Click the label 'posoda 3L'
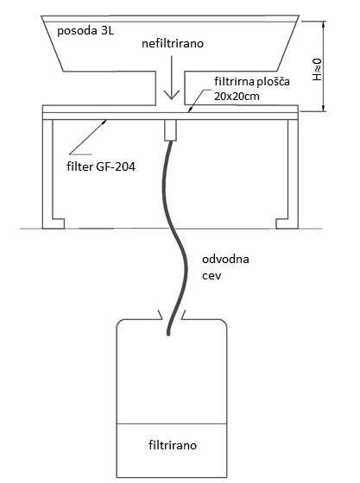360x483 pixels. tap(85, 31)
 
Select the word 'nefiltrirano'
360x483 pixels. tap(173, 43)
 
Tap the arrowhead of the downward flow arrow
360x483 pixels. tap(172, 95)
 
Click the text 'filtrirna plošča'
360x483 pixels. tap(252, 82)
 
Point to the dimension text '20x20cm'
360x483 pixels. tap(237, 97)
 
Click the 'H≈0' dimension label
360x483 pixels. tap(317, 70)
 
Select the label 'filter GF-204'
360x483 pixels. tap(101, 166)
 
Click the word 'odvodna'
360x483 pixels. tap(225, 259)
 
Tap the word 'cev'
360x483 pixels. tap(212, 275)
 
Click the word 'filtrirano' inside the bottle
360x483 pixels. tap(173, 445)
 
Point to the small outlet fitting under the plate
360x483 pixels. tap(170, 130)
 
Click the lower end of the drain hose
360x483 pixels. tap(168, 333)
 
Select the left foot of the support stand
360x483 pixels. tap(53, 223)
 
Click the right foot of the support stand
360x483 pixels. tap(287, 223)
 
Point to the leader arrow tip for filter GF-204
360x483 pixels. tap(105, 121)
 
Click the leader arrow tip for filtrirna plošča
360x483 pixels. tap(189, 111)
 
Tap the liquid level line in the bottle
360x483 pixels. tap(172, 423)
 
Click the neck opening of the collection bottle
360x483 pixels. tap(172, 317)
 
